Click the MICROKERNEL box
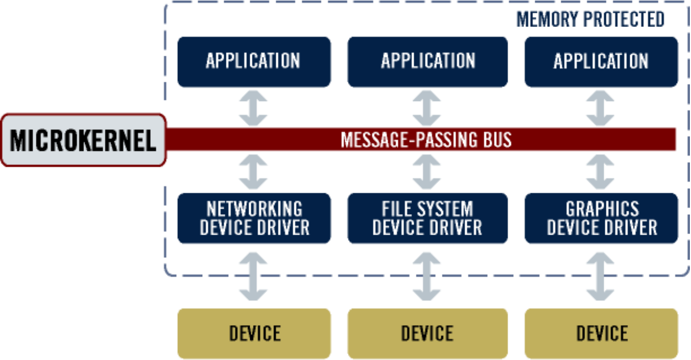[83, 140]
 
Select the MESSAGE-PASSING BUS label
[426, 140]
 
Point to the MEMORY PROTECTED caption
[590, 20]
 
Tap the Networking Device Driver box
[254, 218]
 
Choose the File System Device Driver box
[428, 218]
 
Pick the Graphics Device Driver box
[602, 218]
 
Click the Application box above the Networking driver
[254, 61]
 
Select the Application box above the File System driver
[428, 61]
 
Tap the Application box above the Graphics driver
[602, 61]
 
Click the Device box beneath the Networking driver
[254, 333]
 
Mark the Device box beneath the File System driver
[428, 333]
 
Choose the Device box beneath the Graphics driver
[602, 333]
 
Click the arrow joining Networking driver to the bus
[254, 172]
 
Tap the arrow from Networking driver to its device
[254, 276]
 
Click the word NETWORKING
[254, 209]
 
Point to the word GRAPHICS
[602, 209]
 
